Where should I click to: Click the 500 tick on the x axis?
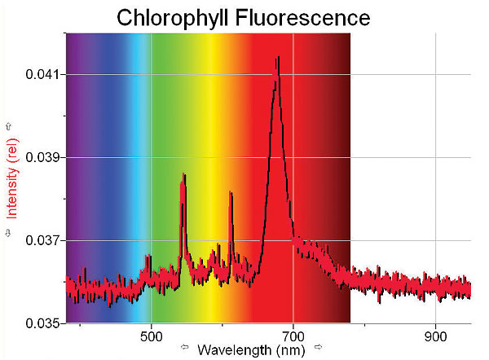tap(152, 335)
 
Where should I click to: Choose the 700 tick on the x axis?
tap(293, 335)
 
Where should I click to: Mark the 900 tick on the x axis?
tap(435, 335)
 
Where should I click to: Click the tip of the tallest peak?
tap(277, 58)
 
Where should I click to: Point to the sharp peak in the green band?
tap(183, 175)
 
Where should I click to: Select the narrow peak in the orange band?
tap(231, 193)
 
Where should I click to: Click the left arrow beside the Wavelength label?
tap(184, 350)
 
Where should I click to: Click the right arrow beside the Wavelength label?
tap(319, 350)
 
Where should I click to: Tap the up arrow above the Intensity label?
tap(11, 126)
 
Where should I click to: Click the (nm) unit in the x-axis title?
tap(291, 349)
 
